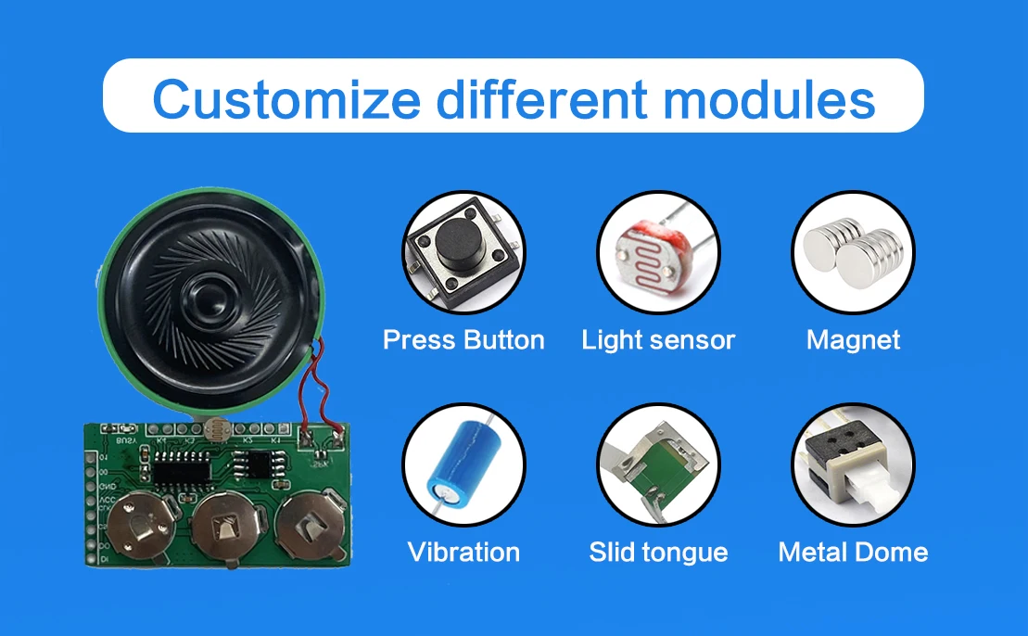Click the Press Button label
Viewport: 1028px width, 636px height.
(463, 340)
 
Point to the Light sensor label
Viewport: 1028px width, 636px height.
(658, 340)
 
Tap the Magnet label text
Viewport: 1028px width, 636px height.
(853, 340)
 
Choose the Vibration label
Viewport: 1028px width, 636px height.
(463, 553)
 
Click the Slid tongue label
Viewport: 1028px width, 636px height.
(658, 553)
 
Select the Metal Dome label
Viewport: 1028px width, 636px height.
(853, 553)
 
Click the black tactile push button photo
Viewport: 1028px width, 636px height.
(463, 252)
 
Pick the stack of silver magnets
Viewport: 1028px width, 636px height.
(853, 252)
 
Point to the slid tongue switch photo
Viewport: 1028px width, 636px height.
(658, 465)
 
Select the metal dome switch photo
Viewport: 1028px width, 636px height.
(853, 464)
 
